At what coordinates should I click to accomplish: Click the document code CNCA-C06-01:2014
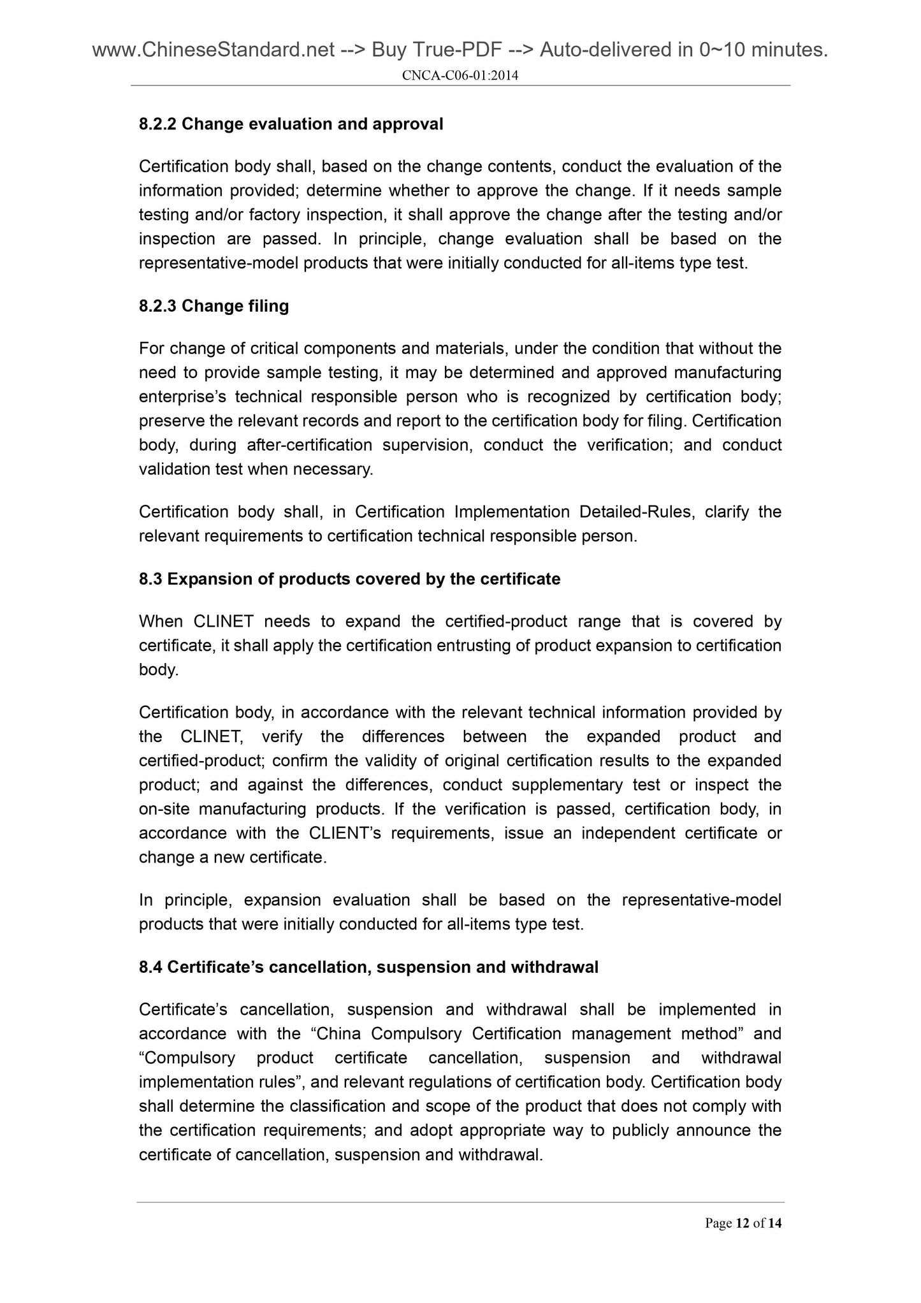coord(460,76)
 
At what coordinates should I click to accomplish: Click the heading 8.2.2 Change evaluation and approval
coord(291,124)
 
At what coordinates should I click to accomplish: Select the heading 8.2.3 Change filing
coord(214,306)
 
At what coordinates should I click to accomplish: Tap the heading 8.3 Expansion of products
coord(349,579)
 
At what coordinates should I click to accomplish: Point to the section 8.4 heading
coord(368,967)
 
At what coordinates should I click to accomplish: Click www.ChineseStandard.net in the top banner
coord(214,49)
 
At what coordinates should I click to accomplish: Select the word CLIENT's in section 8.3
coord(345,833)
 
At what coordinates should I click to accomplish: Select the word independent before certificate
coord(628,833)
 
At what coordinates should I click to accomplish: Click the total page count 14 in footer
coord(774,1223)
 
